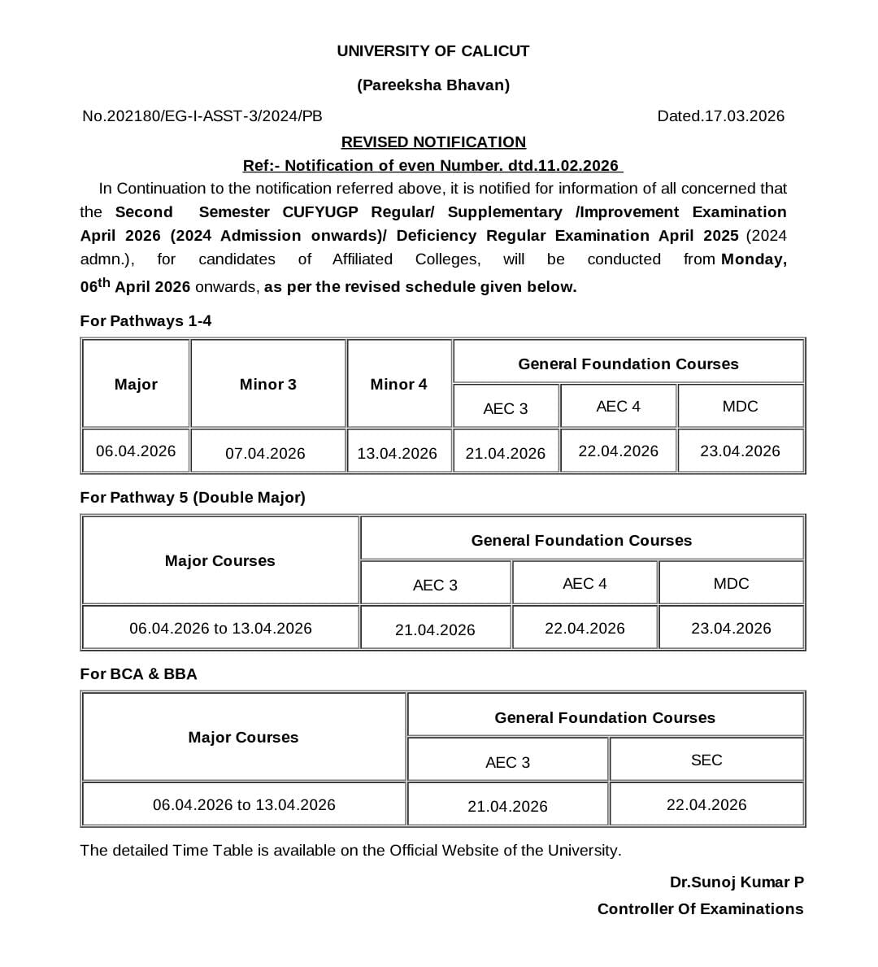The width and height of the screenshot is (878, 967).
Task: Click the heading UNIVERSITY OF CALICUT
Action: point(432,50)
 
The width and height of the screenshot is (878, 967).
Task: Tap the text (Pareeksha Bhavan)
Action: point(432,85)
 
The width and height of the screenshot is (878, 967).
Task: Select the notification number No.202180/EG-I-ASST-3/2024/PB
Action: point(202,115)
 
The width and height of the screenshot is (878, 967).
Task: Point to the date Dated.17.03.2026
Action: point(720,115)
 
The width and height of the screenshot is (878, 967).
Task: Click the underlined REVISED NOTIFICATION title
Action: point(432,142)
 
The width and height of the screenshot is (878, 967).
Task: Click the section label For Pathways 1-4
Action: point(146,320)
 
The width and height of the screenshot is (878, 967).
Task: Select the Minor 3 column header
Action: point(267,384)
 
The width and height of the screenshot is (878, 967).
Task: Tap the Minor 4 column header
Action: point(398,384)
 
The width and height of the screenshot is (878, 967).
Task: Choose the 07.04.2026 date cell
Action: point(265,453)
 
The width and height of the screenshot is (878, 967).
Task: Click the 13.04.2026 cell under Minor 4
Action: point(397,453)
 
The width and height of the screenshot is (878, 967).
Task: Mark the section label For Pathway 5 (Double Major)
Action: point(193,497)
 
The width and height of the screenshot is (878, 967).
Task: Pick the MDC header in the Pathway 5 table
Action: point(731,583)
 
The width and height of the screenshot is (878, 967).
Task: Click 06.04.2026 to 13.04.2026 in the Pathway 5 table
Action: point(220,628)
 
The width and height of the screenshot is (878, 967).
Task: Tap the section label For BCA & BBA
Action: point(138,673)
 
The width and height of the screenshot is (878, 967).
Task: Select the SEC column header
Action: point(706,760)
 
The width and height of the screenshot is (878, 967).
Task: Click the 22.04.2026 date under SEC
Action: point(706,804)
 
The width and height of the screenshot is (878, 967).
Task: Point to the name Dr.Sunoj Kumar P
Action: point(737,882)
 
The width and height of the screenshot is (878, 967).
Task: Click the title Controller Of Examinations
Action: point(700,908)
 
